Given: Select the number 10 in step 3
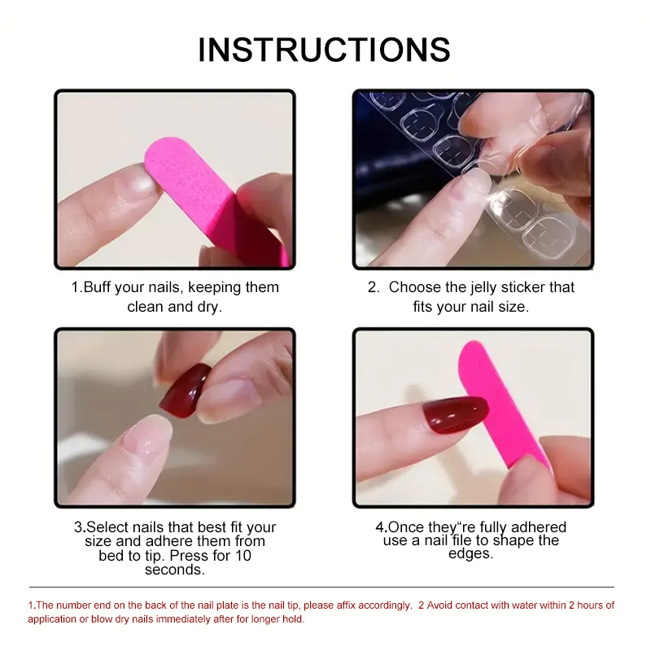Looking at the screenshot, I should [242, 556].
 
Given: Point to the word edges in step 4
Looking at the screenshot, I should [471, 553].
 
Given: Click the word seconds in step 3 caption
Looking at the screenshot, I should [174, 570].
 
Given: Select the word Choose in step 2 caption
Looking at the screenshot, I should [415, 287].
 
